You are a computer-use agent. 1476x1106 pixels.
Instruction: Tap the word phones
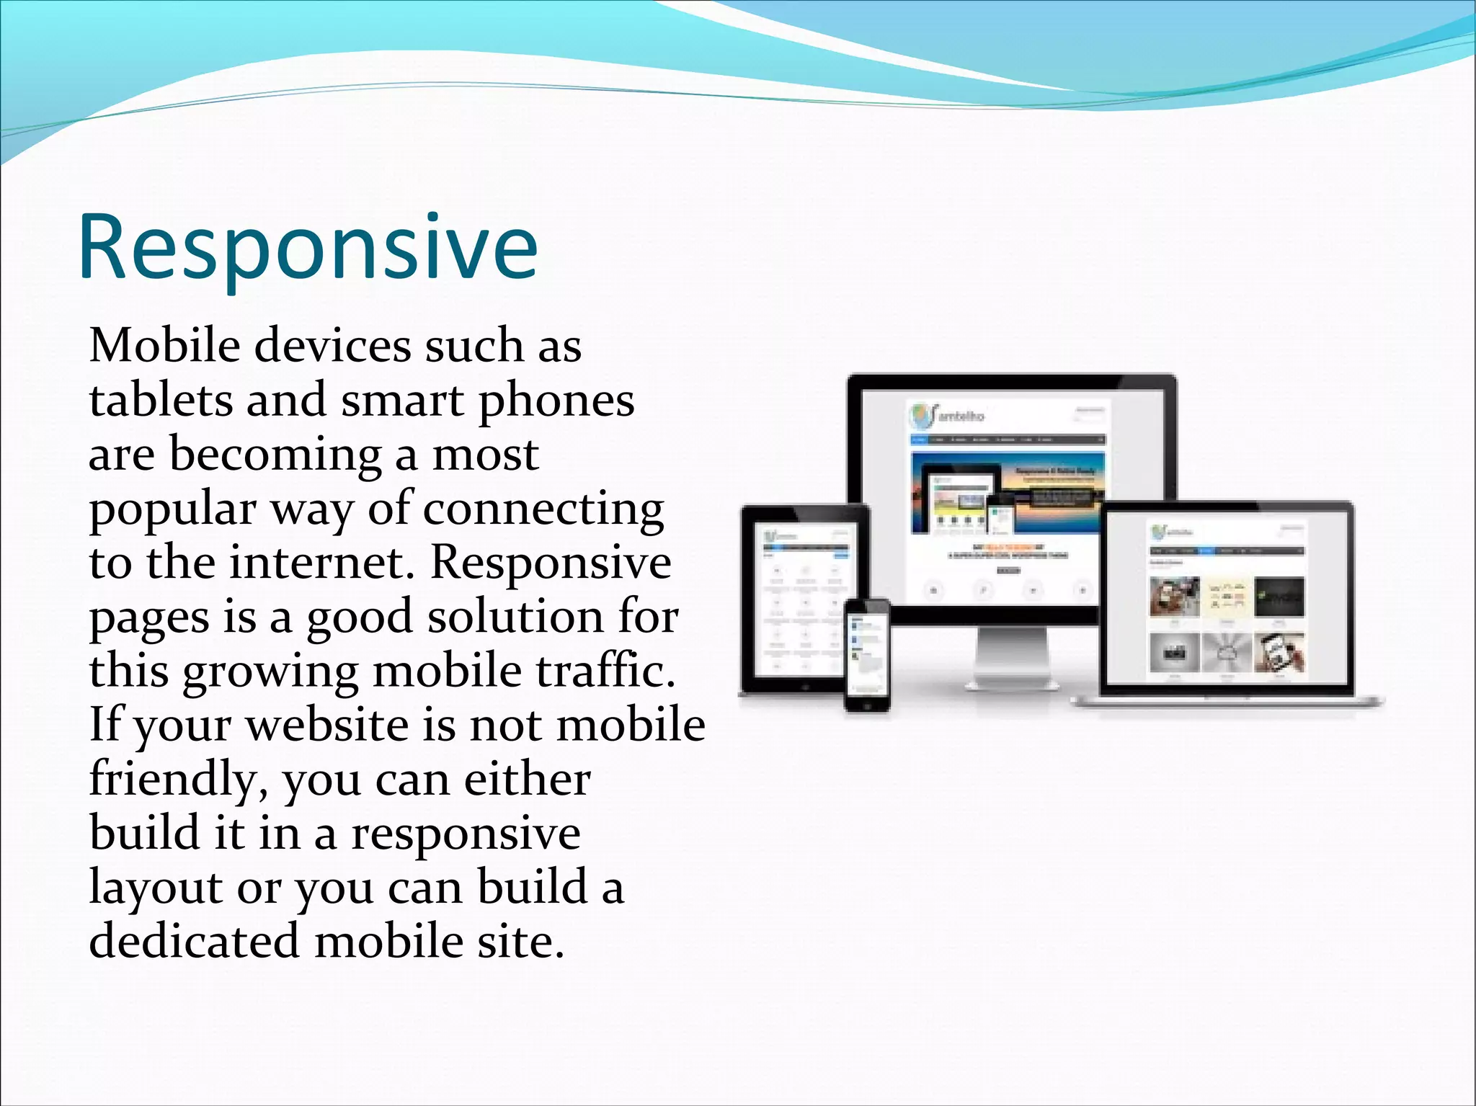(x=556, y=402)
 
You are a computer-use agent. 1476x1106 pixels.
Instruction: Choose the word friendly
(x=172, y=780)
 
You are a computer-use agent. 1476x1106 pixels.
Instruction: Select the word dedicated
(x=193, y=942)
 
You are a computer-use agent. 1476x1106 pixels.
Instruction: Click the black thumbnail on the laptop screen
(x=1279, y=597)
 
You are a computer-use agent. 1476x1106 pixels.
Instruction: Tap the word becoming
(x=275, y=455)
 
